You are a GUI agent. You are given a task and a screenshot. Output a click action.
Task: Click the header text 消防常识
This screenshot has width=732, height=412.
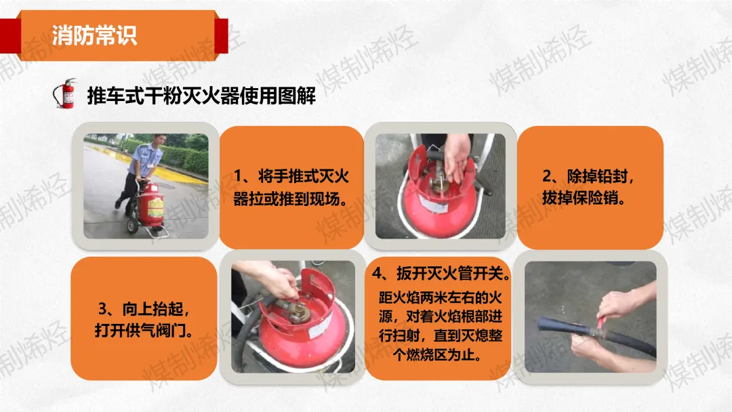[94, 35]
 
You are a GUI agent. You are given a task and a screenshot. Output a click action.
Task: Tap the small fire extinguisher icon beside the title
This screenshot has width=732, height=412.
[65, 94]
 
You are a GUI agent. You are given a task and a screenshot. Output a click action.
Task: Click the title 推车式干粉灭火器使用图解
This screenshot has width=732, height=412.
[201, 96]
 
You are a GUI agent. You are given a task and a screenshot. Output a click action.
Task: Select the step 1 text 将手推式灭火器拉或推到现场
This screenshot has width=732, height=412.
[291, 188]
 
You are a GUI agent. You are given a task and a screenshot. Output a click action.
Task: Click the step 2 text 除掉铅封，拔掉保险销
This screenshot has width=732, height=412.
[588, 187]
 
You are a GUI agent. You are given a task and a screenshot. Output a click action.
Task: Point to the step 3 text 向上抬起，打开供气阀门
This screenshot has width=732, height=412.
[144, 320]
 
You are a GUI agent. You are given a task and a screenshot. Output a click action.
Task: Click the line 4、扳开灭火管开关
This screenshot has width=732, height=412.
[441, 273]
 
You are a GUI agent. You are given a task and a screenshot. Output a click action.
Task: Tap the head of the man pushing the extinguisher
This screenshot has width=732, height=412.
[160, 142]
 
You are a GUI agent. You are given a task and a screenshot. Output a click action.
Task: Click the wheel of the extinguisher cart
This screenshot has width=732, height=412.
[132, 226]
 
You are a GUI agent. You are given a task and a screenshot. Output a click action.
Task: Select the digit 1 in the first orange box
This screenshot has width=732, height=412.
[238, 177]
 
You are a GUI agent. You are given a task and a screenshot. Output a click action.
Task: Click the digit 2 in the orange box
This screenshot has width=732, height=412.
[547, 177]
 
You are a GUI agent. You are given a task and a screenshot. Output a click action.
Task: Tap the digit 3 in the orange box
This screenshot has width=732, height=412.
[103, 309]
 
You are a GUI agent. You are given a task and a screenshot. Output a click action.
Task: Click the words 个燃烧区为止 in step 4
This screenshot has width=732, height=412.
[436, 355]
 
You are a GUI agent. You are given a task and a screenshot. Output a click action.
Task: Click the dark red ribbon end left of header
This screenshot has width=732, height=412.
[10, 35]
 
